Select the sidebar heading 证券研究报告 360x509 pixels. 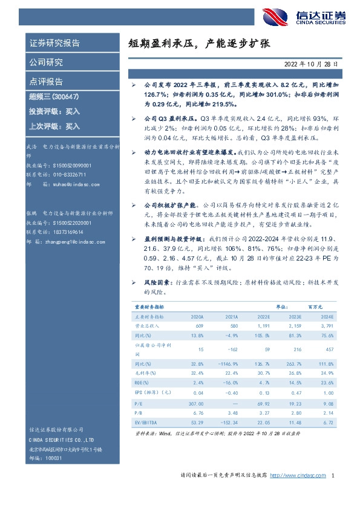click(54, 44)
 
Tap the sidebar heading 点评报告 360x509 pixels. click(46, 82)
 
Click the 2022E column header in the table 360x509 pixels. click(263, 316)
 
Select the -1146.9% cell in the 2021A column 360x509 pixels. click(226, 364)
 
